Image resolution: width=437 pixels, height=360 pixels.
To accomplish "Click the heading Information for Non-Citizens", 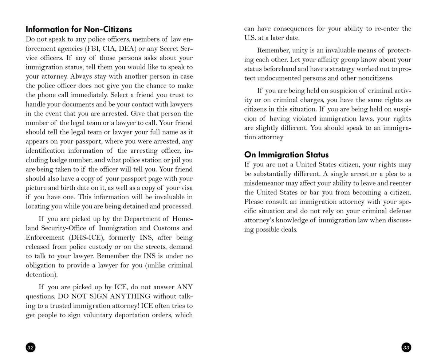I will point(79,29).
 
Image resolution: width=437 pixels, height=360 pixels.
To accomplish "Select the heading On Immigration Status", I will point(286,154).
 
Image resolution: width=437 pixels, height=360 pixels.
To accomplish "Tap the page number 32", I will point(31,347).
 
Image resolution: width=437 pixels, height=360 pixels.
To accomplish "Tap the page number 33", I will point(406,347).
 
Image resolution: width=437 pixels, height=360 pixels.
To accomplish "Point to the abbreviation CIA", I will point(109,48).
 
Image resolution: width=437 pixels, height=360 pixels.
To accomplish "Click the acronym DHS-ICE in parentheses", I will point(87,238).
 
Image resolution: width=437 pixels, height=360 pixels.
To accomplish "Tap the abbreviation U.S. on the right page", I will point(251,38).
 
